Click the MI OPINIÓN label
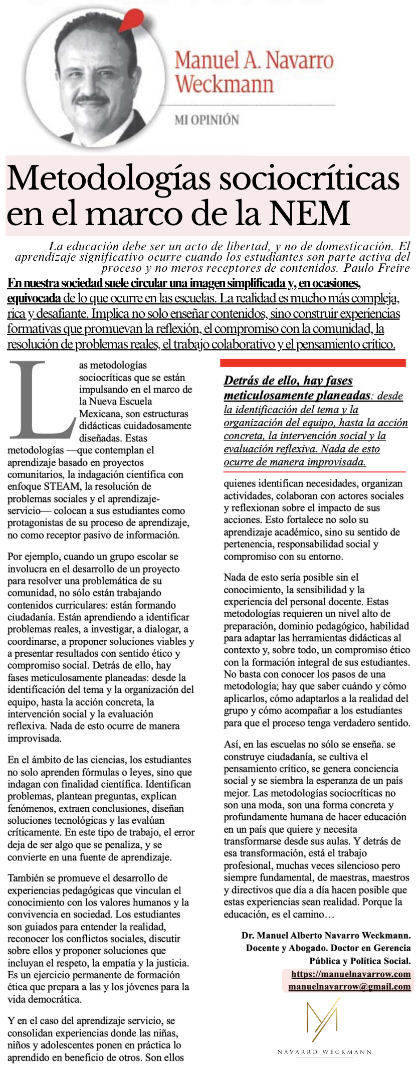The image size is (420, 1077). click(206, 120)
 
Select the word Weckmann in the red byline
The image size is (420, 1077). click(224, 84)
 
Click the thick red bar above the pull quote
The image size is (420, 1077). click(313, 363)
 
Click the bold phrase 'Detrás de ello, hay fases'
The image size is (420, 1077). click(288, 381)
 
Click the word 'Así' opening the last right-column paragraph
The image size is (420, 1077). click(231, 745)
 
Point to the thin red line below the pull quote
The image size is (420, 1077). click(314, 472)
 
